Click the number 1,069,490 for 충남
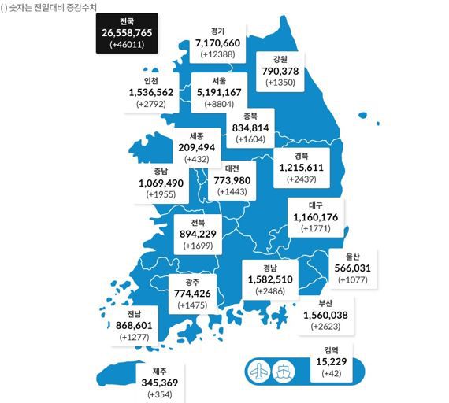pyautogui.click(x=160, y=183)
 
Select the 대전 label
pyautogui.click(x=232, y=168)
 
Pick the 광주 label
pyautogui.click(x=192, y=281)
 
